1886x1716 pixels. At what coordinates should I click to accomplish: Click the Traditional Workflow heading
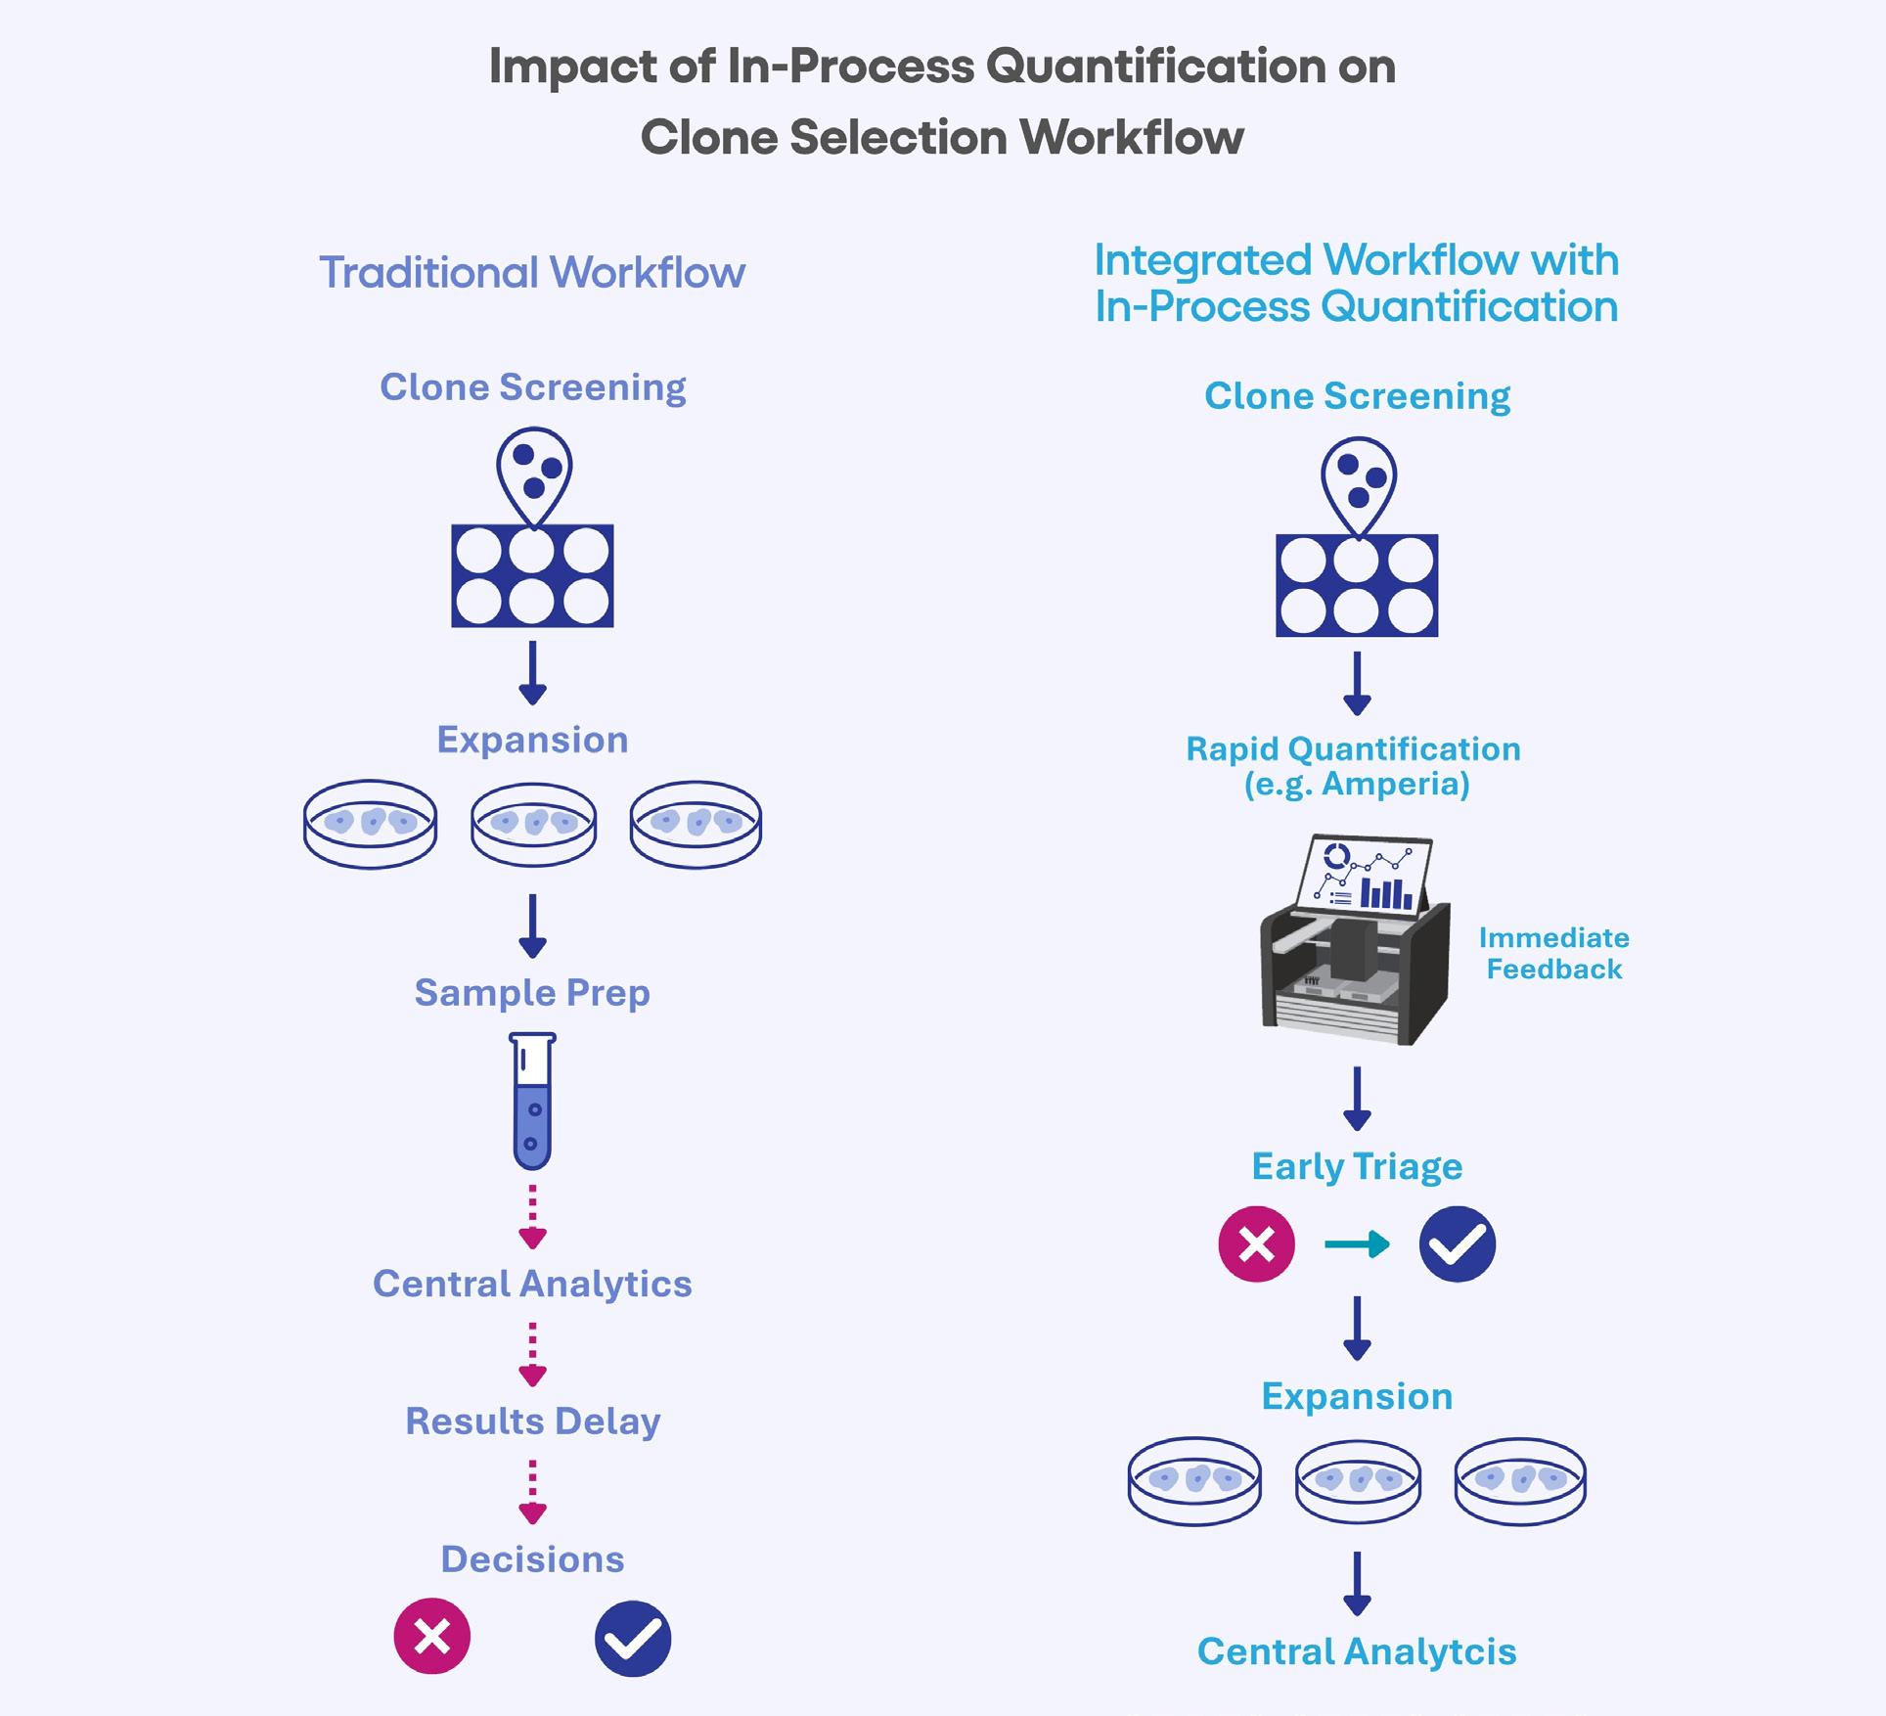[x=532, y=273]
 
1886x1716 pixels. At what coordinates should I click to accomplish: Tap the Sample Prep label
[x=532, y=993]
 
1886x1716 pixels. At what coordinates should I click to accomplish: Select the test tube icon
[x=532, y=1101]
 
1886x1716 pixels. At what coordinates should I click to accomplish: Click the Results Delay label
[x=532, y=1422]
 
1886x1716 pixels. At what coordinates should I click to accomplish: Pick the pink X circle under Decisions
[x=432, y=1636]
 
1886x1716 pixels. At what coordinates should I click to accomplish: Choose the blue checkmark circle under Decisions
[x=633, y=1638]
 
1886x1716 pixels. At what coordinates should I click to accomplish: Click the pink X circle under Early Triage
[x=1256, y=1244]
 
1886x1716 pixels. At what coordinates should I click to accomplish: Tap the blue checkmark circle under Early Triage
[x=1457, y=1244]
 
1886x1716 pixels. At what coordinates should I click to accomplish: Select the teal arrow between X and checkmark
[x=1358, y=1244]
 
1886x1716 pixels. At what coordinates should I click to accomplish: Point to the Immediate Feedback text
[x=1553, y=954]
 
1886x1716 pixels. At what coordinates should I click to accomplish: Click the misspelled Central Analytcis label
[x=1357, y=1651]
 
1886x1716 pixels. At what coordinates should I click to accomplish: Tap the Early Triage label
[x=1357, y=1167]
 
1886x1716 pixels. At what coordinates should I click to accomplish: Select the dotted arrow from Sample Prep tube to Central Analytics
[x=532, y=1216]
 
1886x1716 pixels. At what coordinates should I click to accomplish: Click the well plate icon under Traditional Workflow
[x=532, y=575]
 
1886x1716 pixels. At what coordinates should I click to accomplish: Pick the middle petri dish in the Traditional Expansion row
[x=533, y=824]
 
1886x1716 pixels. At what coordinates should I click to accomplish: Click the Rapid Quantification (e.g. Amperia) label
[x=1355, y=766]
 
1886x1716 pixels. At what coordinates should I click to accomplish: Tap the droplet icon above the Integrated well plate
[x=1358, y=482]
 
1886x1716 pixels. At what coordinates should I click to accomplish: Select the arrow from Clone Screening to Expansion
[x=532, y=673]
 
